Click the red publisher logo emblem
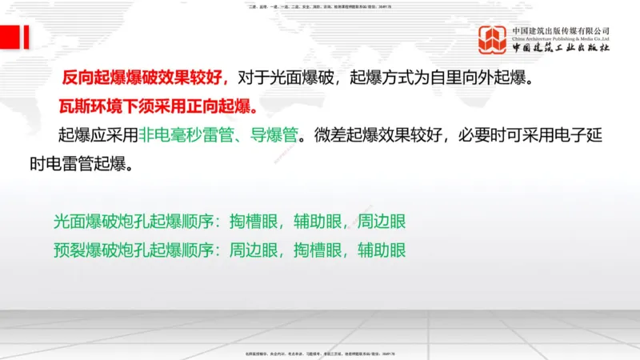pos(493,40)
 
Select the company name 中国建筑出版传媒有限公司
pos(561,30)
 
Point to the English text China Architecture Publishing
pos(552,38)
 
